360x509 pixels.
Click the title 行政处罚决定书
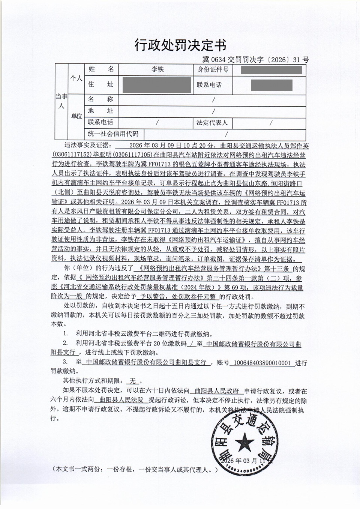click(x=180, y=45)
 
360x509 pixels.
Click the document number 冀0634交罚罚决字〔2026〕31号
click(x=255, y=60)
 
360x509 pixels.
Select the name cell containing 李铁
click(x=157, y=69)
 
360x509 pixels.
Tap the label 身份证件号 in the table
click(x=213, y=70)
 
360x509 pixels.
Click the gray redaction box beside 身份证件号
click(x=271, y=70)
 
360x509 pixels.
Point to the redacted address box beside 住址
click(x=156, y=85)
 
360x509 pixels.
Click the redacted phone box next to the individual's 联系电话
click(x=271, y=85)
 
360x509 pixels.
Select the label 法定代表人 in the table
click(x=212, y=123)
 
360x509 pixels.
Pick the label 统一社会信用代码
click(x=113, y=134)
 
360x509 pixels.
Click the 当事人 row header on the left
click(x=61, y=101)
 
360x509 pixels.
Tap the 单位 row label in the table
click(x=76, y=116)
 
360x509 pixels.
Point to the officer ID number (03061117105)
click(x=132, y=155)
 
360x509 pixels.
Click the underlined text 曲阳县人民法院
click(x=122, y=400)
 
